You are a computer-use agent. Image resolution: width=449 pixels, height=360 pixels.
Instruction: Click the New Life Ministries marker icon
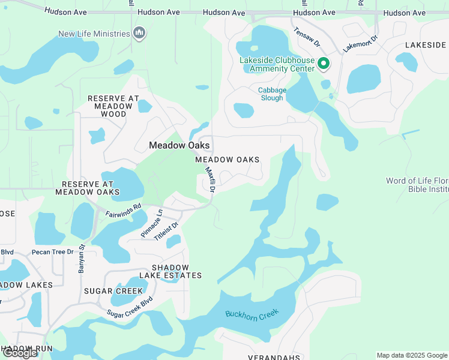tap(139, 33)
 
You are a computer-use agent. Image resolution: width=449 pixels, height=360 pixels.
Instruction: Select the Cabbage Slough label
tap(272, 94)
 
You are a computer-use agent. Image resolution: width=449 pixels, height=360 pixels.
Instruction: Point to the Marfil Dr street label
tap(211, 179)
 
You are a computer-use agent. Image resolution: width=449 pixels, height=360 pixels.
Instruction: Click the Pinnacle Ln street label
tap(152, 224)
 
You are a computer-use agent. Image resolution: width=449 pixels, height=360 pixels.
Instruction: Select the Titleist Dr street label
tap(167, 231)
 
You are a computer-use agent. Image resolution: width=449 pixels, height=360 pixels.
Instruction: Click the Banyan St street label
tap(82, 258)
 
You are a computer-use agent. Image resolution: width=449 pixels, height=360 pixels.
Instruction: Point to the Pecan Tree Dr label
tap(52, 252)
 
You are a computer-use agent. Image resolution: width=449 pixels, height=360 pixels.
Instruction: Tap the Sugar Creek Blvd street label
tap(130, 307)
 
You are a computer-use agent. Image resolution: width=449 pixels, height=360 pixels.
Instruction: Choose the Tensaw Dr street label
tap(307, 38)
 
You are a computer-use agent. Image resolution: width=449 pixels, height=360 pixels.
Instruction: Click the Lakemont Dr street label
tap(361, 44)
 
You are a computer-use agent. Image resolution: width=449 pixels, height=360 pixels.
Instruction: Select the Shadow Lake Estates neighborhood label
tap(170, 271)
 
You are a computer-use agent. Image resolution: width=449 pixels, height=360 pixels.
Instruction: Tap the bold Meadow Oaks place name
tap(179, 145)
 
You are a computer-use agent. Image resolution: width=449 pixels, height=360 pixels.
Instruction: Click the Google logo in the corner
tap(20, 353)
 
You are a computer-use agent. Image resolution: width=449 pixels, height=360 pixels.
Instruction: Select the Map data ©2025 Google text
tap(412, 355)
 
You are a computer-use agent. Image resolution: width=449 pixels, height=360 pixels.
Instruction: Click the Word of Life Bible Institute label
tap(417, 185)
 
